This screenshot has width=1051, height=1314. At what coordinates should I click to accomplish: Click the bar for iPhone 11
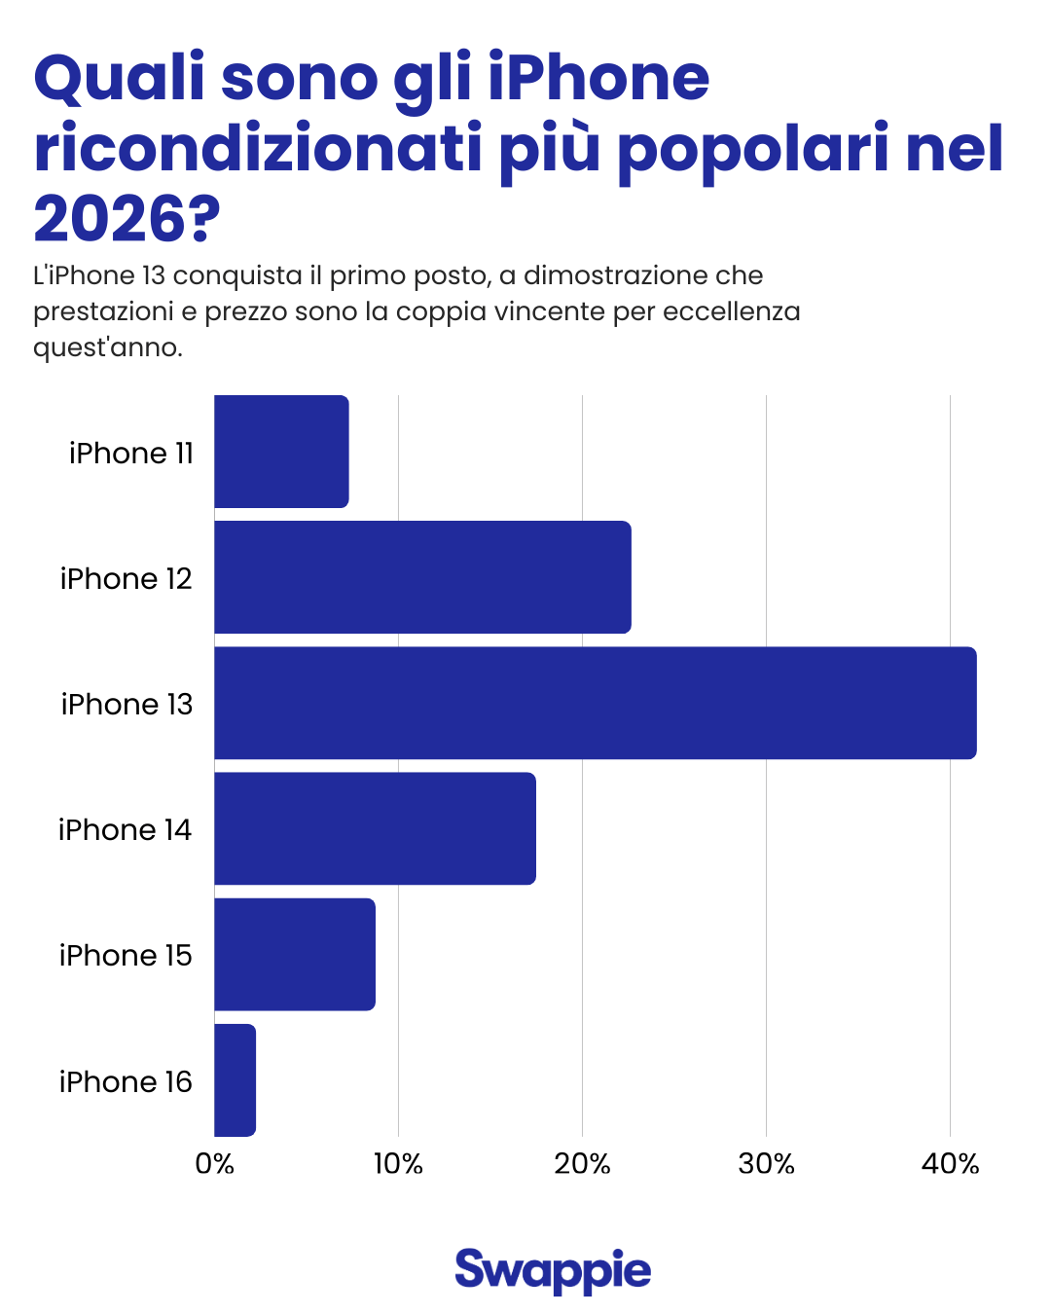tap(281, 452)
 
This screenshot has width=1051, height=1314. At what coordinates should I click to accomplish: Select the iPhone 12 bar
tap(422, 577)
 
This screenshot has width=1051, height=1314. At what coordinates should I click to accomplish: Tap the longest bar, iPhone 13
tap(595, 703)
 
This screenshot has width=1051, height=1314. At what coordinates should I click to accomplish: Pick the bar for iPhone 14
tap(375, 828)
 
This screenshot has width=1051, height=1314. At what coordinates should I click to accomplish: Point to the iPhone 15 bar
tap(294, 954)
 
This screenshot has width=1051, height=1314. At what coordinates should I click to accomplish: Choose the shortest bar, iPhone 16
tap(235, 1080)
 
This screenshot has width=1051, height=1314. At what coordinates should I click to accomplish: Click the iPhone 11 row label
tap(131, 454)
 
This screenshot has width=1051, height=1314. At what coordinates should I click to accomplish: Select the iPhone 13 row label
tap(127, 705)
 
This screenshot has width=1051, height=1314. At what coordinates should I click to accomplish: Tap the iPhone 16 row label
tap(126, 1082)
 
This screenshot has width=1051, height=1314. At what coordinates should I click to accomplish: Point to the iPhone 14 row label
tap(125, 830)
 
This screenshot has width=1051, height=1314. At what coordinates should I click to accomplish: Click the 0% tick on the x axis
tap(214, 1164)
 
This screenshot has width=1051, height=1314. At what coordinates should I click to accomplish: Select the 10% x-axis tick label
tap(398, 1164)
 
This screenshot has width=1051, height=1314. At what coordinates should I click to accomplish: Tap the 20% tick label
tap(582, 1164)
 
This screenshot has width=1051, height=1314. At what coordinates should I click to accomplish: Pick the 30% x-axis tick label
tap(766, 1164)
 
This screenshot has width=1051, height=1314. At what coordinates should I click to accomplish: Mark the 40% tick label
tap(950, 1164)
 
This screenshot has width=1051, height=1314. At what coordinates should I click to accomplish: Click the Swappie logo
tap(553, 1270)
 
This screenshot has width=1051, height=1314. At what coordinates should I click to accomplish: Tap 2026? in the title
tap(127, 219)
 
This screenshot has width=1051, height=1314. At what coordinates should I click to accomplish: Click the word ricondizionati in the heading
tap(258, 149)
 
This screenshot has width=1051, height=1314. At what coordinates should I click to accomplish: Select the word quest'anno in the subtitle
tap(107, 347)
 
